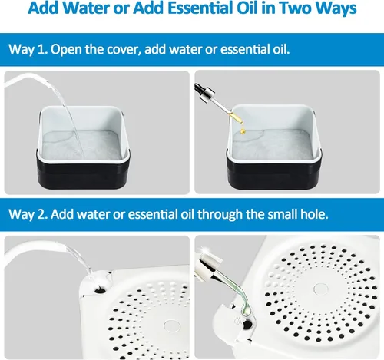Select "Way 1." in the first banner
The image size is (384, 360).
coord(28,49)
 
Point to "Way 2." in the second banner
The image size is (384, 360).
coord(28,214)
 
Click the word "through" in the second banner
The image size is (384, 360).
coord(220,215)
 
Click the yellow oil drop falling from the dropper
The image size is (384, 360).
coord(242,131)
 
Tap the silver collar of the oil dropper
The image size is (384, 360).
coord(208,94)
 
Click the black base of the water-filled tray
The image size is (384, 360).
coord(83,173)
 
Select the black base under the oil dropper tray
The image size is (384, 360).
coord(273,173)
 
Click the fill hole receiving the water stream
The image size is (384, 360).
coord(101,289)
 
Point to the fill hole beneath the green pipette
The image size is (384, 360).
coord(247,325)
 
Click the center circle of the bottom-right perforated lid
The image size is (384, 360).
coord(320,289)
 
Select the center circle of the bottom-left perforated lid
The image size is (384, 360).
coord(172,325)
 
